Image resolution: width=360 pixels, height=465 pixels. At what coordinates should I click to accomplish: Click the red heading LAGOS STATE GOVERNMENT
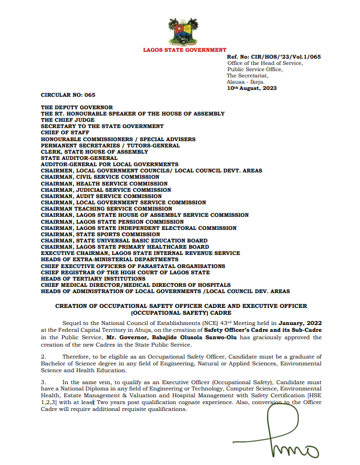(x=184, y=51)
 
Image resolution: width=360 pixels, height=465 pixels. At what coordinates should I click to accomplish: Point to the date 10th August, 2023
(x=252, y=89)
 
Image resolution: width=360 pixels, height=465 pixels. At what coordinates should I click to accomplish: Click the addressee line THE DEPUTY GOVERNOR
(x=77, y=108)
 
